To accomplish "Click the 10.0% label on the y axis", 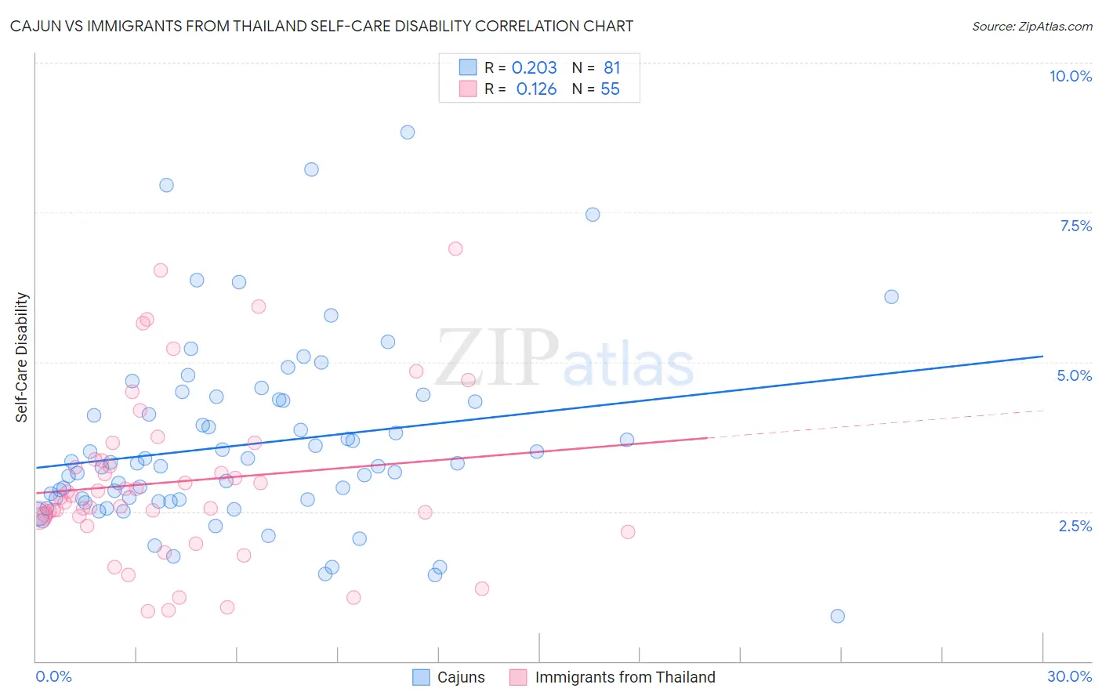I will click(x=1070, y=76).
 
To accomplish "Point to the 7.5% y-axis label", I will click(x=1075, y=226).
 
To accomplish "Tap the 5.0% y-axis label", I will click(x=1074, y=375).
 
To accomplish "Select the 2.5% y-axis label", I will click(x=1075, y=526).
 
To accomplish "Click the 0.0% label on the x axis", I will click(x=53, y=676).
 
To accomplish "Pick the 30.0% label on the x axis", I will click(x=1069, y=676).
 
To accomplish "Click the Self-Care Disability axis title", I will click(x=22, y=357).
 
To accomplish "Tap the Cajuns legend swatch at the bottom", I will click(x=421, y=677).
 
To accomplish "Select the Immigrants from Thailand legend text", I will click(x=625, y=677).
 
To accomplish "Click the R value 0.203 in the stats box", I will click(x=534, y=68).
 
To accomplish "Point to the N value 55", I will click(x=610, y=89).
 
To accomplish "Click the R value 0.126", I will click(x=536, y=89).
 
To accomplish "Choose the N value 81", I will click(x=611, y=68).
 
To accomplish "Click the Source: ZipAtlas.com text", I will click(x=1031, y=27).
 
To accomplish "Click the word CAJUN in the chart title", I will click(x=33, y=27).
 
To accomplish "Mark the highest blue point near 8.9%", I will click(x=407, y=132).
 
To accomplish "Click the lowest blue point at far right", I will click(x=837, y=616).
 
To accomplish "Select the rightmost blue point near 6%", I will click(x=891, y=297).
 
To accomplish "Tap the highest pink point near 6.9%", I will click(x=455, y=249).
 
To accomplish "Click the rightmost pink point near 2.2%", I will click(x=628, y=532).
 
